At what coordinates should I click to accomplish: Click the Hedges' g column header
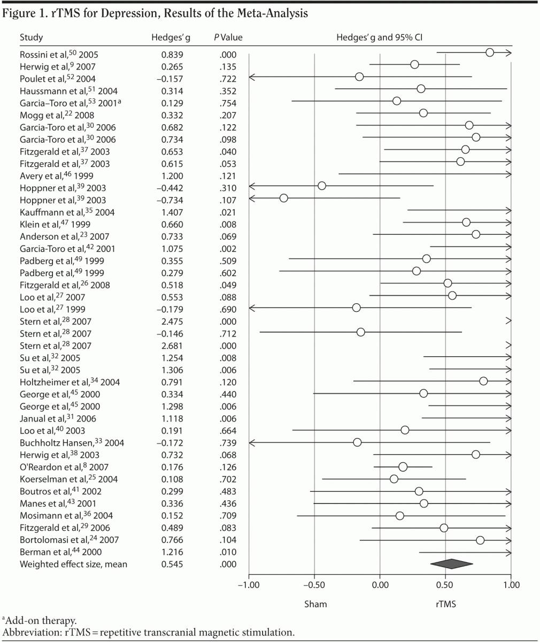pos(168,37)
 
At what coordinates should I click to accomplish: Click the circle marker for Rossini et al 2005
pos(490,52)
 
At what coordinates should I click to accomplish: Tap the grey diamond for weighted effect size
pos(451,564)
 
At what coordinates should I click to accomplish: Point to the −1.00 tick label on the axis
pos(248,585)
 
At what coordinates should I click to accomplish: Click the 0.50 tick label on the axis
pos(445,585)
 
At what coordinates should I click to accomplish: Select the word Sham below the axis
pos(315,604)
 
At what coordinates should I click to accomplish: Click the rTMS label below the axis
pos(445,604)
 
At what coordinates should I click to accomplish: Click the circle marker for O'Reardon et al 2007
pos(403,467)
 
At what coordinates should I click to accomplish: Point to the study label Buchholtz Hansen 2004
pos(65,442)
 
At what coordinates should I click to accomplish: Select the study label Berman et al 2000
pos(59,552)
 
